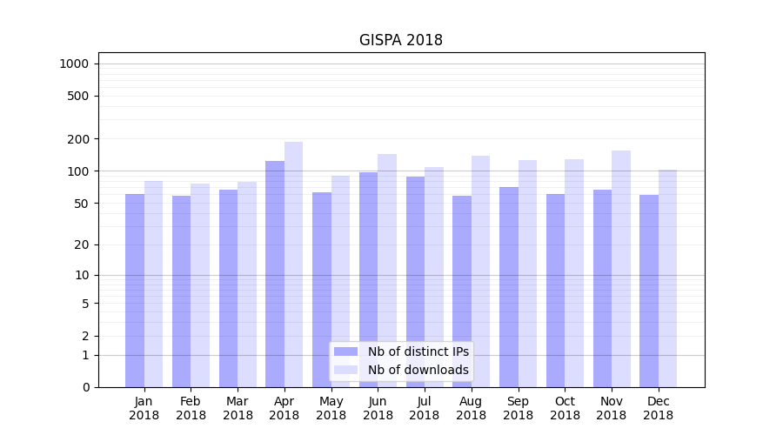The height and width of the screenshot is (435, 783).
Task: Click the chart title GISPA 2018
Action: (x=401, y=41)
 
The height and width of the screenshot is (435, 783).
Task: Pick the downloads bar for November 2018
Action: (x=621, y=269)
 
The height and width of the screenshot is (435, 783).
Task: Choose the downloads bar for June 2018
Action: (x=387, y=271)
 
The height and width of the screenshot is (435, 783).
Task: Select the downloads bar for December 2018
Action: (x=668, y=278)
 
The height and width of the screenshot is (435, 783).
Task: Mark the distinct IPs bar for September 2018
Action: (x=509, y=287)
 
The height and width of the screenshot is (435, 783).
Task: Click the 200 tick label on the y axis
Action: (x=78, y=139)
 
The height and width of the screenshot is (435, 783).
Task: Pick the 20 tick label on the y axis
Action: (x=81, y=244)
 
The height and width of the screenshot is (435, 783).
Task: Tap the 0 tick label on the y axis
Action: (x=85, y=387)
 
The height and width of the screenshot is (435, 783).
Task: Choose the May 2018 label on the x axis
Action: (x=331, y=408)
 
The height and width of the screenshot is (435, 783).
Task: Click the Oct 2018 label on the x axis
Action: (x=565, y=408)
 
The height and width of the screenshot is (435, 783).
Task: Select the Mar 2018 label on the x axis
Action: (x=238, y=408)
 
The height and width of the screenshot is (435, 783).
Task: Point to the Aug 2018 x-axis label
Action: (x=472, y=408)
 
